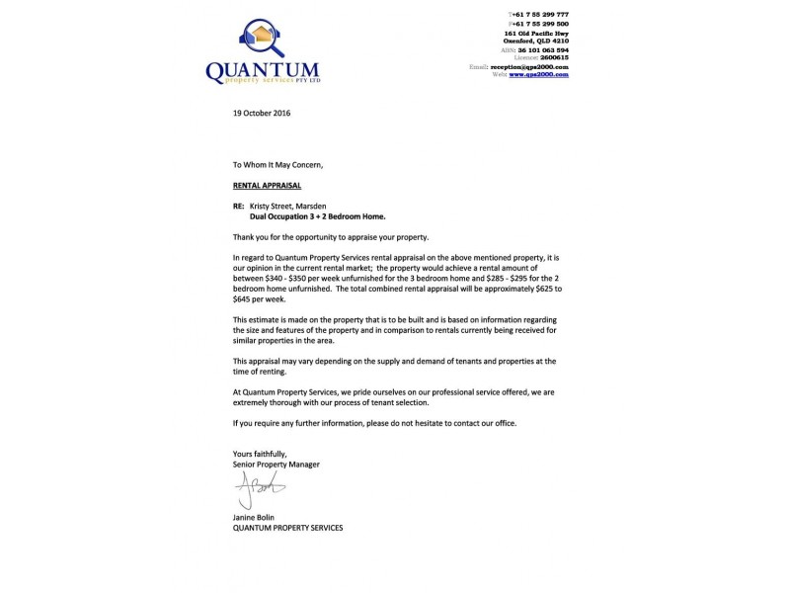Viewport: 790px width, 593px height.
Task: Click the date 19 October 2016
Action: point(262,113)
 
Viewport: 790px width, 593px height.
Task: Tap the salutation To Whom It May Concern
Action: point(277,164)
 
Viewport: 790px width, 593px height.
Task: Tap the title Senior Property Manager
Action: point(276,464)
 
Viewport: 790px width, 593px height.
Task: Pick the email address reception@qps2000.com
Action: point(534,66)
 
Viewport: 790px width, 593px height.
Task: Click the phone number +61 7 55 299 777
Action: point(540,15)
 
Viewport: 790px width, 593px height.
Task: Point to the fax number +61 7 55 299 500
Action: point(540,24)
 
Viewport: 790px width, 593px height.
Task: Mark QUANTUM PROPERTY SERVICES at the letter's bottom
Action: point(287,527)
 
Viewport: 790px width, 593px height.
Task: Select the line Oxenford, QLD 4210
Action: point(538,41)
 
